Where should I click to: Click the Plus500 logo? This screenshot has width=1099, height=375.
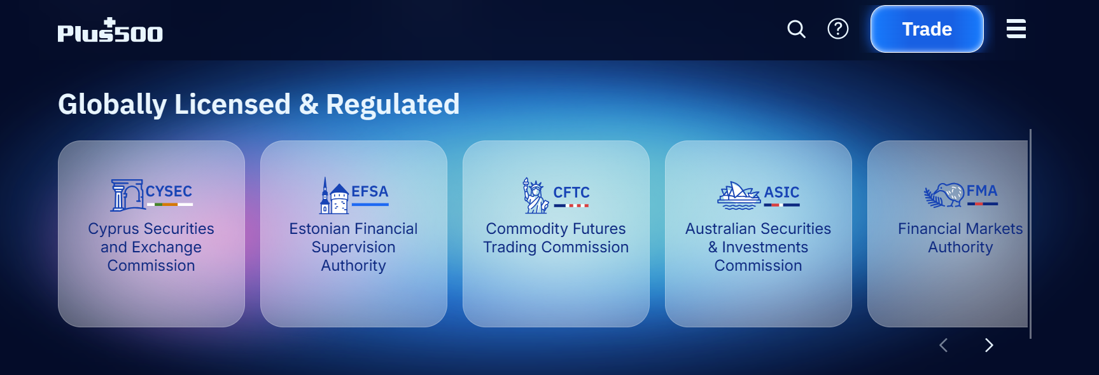(x=110, y=30)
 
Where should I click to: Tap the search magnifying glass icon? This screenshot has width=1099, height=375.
(x=796, y=29)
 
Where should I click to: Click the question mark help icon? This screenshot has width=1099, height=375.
(x=838, y=29)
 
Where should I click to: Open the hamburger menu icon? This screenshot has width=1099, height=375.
(x=1016, y=29)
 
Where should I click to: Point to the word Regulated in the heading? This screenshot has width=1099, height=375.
(x=393, y=104)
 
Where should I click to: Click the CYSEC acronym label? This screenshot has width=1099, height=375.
(x=169, y=191)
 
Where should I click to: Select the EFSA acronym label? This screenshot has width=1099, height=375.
(x=370, y=191)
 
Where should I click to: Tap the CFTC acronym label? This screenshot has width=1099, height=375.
(x=571, y=192)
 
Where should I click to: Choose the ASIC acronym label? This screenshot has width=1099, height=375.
(x=781, y=192)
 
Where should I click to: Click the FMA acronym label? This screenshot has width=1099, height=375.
(x=982, y=191)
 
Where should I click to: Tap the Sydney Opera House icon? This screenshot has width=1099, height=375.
(x=739, y=195)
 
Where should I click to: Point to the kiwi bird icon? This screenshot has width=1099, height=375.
(x=944, y=195)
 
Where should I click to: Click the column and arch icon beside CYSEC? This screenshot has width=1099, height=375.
(x=127, y=195)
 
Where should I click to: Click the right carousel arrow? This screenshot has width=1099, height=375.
(x=989, y=345)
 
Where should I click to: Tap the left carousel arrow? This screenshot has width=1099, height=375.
(x=944, y=345)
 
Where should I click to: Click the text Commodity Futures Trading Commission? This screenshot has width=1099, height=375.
(x=556, y=238)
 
